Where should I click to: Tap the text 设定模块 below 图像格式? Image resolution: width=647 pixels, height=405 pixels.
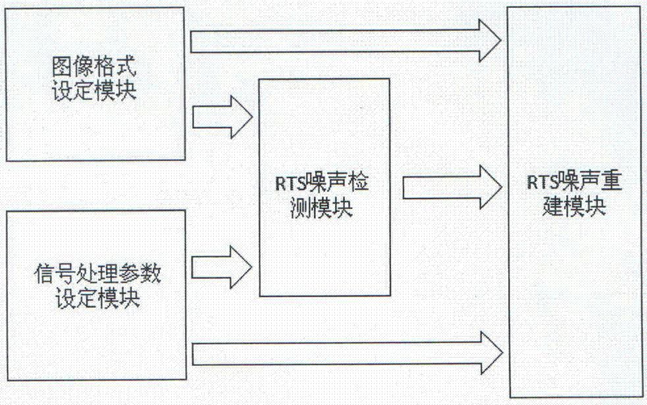95,89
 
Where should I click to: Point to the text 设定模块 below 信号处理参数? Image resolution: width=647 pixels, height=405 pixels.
96,297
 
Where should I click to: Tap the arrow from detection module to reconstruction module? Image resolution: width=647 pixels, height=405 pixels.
452,186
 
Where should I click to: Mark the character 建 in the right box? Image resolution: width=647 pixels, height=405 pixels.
559,208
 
